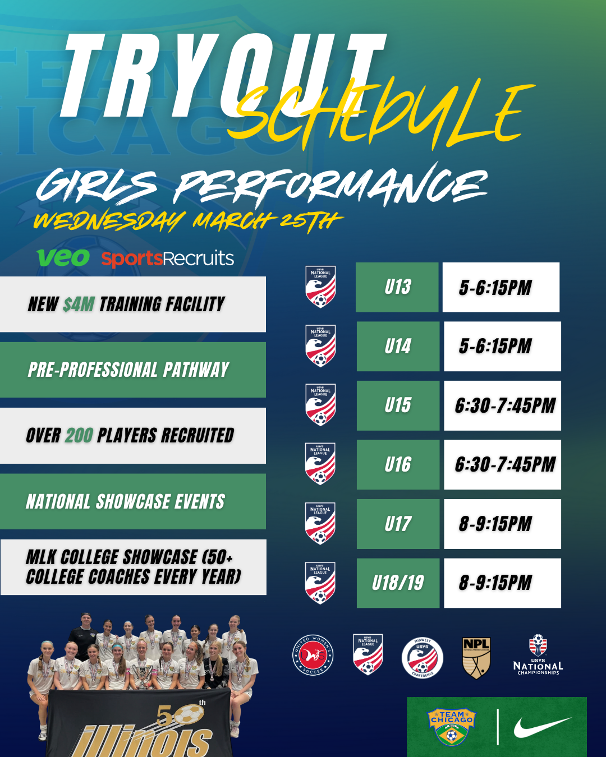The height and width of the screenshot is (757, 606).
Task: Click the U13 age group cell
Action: pos(397,287)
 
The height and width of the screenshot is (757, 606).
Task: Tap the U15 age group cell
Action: pos(398,405)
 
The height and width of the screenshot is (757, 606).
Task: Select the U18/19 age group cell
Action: pos(398,583)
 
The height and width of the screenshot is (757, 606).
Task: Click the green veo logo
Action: pos(63,258)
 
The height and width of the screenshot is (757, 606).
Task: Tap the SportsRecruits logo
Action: pos(167,259)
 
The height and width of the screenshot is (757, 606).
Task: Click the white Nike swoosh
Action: pos(542,728)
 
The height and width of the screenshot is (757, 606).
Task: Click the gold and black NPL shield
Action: pos(476,657)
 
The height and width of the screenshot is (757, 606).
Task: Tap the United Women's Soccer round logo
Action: pos(313,656)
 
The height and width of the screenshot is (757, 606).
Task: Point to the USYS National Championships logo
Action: pos(538,655)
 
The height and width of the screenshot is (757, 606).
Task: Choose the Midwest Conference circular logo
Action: pos(423,658)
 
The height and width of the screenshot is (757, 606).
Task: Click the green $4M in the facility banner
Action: pos(79,304)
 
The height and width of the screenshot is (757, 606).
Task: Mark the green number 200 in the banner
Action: pos(79,436)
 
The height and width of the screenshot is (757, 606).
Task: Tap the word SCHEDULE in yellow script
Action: pos(382,115)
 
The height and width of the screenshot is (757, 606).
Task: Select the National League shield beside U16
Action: pos(320,464)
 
